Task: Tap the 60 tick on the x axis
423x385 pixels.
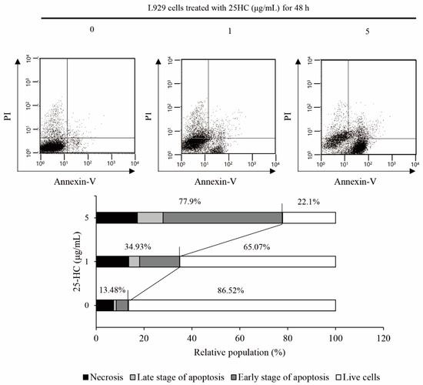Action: pos(239,336)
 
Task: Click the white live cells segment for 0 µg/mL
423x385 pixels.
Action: pos(231,306)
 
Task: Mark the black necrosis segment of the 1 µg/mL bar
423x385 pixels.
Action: pos(112,262)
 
